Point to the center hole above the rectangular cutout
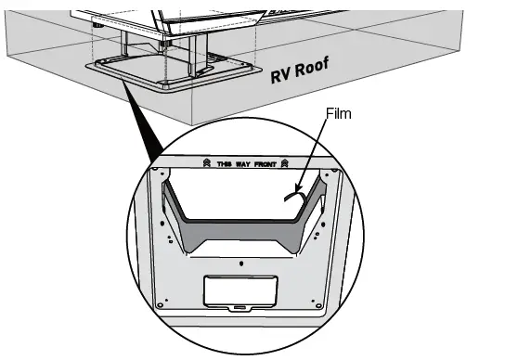241,264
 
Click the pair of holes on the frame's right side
318,227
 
